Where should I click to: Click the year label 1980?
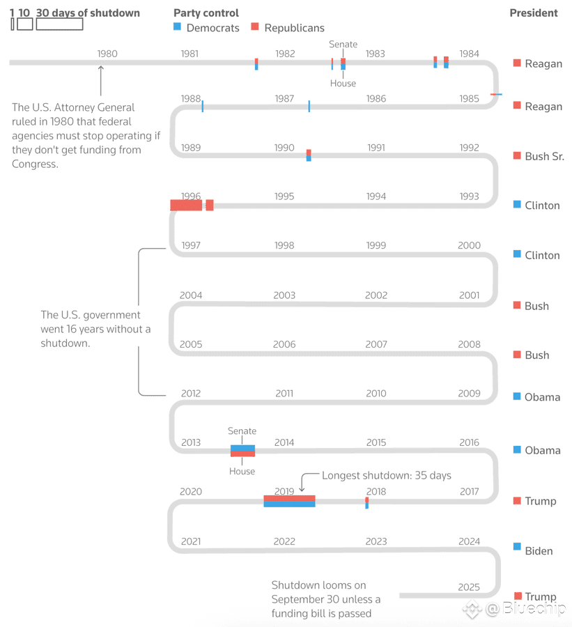pos(107,54)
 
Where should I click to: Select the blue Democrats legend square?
pos(177,27)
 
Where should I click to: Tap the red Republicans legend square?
pos(255,27)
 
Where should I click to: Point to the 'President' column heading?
pos(533,13)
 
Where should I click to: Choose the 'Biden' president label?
pos(539,551)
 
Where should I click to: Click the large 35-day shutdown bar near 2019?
pos(289,501)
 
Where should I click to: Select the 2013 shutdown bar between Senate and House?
pos(242,451)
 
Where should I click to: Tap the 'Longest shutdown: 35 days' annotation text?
pos(386,475)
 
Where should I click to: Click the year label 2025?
pos(469,587)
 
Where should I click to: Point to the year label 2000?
pos(469,245)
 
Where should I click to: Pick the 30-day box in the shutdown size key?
pos(59,24)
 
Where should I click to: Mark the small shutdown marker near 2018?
pos(367,502)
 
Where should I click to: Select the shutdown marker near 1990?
pos(309,155)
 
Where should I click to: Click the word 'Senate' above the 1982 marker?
pos(343,45)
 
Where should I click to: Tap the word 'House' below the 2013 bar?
pos(242,472)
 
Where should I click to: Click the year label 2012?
pos(191,393)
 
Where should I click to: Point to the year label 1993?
pos(469,196)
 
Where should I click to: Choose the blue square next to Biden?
pos(517,547)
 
